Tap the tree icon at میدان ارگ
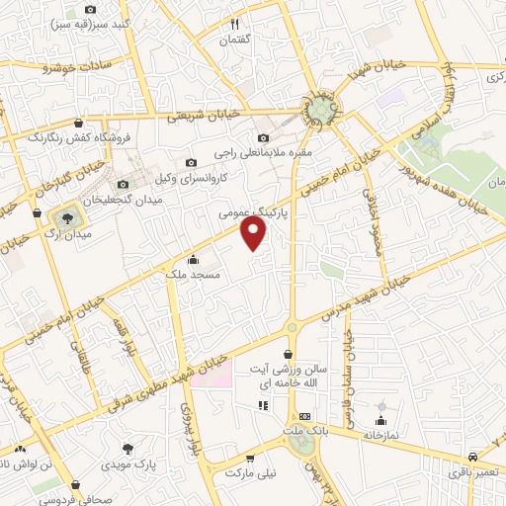coord(67,216)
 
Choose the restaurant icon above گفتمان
coord(235,23)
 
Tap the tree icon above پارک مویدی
coord(126,448)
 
